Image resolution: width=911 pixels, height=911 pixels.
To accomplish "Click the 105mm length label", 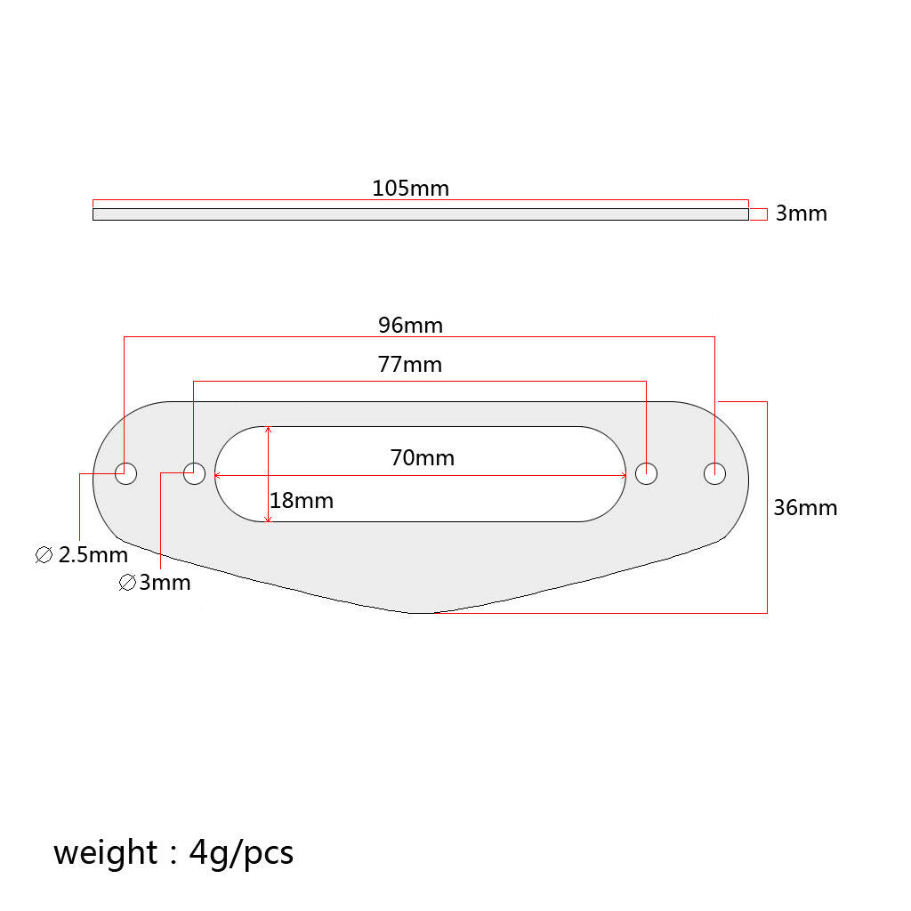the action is (410, 189).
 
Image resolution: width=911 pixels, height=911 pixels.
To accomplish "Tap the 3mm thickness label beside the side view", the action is (801, 214).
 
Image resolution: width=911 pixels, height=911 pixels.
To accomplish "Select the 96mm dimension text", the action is (410, 326).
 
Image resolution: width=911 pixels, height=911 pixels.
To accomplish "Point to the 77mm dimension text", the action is (409, 364).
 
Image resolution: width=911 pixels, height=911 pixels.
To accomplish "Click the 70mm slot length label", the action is (423, 458).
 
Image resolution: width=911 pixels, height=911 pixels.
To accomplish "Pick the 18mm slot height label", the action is (302, 501).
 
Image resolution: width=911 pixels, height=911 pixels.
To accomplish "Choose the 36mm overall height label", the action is (805, 508).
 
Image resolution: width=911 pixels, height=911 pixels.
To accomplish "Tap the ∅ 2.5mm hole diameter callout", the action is (81, 555).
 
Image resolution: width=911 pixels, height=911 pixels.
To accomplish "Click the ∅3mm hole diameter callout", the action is (155, 583).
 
